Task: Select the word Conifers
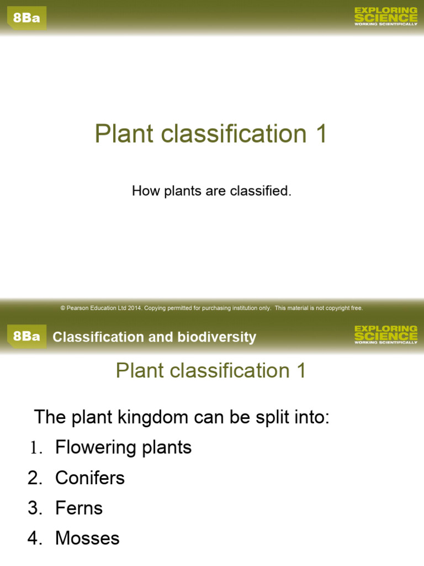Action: point(90,478)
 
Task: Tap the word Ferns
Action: point(79,507)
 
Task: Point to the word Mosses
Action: point(87,538)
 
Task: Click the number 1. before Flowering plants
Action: point(36,448)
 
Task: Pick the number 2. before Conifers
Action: point(36,478)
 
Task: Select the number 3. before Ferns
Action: point(36,507)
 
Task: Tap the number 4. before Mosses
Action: point(36,538)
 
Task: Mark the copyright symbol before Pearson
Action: point(63,308)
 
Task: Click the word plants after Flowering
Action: point(165,448)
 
